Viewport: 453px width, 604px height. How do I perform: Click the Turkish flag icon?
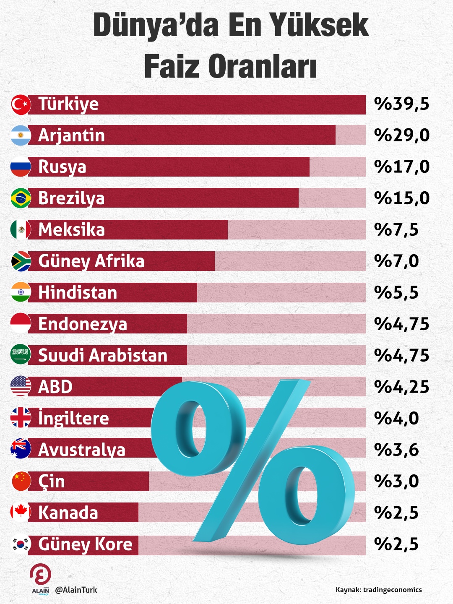pos(21,104)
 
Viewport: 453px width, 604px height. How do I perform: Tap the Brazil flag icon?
pos(21,198)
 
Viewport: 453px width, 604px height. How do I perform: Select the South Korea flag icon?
pos(21,544)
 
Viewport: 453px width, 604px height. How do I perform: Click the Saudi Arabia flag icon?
pos(21,355)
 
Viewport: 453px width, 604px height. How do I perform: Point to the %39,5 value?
pos(402,104)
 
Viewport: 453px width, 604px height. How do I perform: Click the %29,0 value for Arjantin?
pos(402,135)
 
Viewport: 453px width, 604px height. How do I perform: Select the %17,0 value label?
pos(402,167)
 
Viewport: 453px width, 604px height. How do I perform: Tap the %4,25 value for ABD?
pos(402,387)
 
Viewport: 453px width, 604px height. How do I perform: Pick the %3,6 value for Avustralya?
pos(396,450)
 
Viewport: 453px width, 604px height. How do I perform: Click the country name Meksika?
pos(71,230)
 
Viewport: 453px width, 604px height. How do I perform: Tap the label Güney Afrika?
pos(91,261)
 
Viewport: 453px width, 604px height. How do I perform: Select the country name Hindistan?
pos(78,293)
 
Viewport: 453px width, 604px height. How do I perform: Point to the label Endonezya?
pos(82,324)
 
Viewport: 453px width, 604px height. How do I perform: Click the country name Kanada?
pos(68,513)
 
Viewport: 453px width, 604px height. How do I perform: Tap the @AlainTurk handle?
pos(76,590)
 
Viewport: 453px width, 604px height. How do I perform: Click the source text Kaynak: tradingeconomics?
pos(378,590)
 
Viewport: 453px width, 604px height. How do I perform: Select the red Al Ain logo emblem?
pos(40,574)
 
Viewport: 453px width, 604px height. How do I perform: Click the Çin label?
pos(52,482)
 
